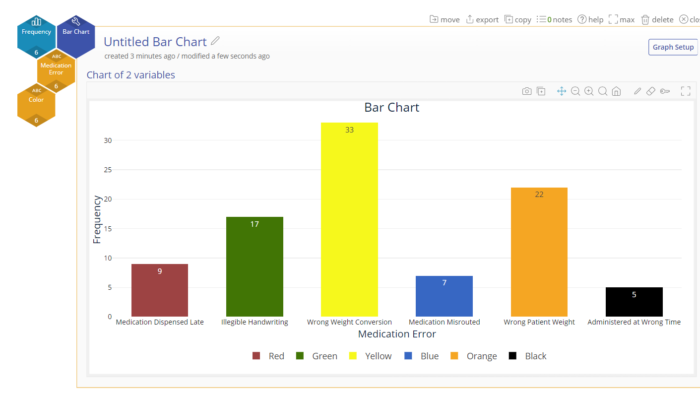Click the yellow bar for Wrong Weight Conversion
click(349, 223)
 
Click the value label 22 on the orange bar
click(539, 195)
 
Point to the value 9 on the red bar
click(160, 271)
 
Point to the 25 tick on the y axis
click(108, 170)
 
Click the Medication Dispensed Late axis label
click(160, 322)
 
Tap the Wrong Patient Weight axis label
click(539, 322)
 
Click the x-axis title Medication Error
click(397, 334)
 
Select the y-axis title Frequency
click(97, 220)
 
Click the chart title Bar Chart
click(392, 108)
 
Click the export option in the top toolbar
click(482, 20)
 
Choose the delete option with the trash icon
click(657, 20)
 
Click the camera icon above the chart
click(527, 91)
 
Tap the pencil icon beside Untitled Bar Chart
click(215, 41)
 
